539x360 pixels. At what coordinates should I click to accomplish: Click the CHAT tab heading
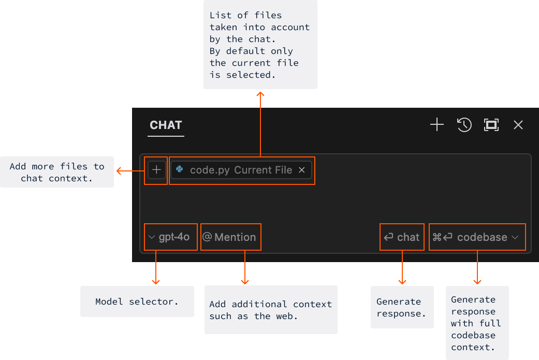coord(166,125)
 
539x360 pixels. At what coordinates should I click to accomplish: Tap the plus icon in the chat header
coord(437,125)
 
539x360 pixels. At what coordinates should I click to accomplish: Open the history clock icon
coord(464,125)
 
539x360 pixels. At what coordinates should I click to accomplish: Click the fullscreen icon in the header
coord(491,125)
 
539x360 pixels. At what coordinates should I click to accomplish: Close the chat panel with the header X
coord(518,125)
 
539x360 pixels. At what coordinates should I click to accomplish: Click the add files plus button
coord(157,170)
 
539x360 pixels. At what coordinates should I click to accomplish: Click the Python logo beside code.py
coord(180,169)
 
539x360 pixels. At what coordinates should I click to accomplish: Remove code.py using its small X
coord(302,170)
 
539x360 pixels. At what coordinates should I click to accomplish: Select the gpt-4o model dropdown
coord(170,237)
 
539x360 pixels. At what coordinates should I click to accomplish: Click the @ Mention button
coord(230,237)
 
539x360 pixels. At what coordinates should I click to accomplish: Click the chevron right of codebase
coord(515,237)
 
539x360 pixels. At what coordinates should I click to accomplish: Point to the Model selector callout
coord(137,301)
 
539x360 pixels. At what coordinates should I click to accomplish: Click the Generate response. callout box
coord(402,307)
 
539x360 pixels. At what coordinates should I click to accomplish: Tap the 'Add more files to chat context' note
coord(57,172)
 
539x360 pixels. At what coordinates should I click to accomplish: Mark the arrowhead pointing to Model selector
coord(156,281)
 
